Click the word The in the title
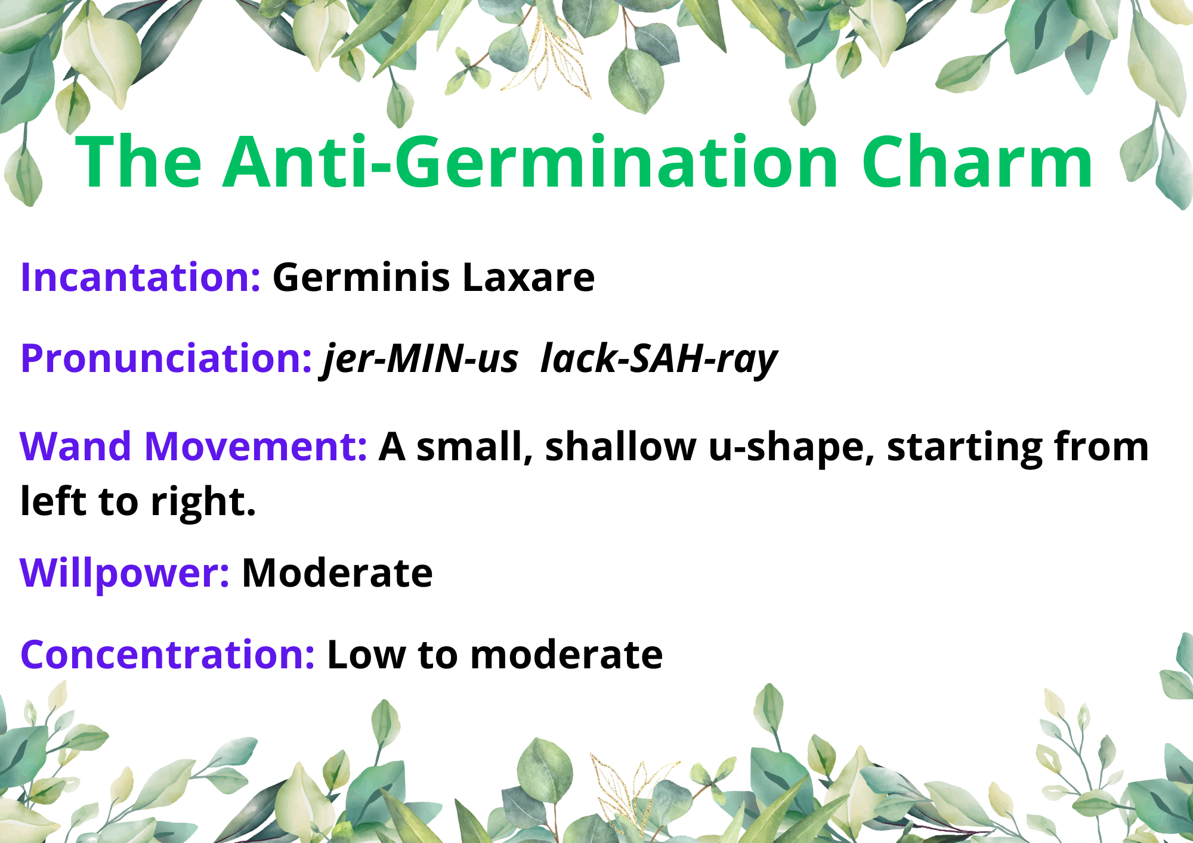coord(139,162)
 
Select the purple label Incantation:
coord(141,277)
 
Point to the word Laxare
coord(528,277)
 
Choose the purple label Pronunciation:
coord(166,359)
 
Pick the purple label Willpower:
coord(125,574)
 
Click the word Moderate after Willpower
coord(337,573)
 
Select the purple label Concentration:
coord(168,655)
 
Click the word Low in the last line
coord(366,655)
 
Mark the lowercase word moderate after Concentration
coord(567,655)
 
